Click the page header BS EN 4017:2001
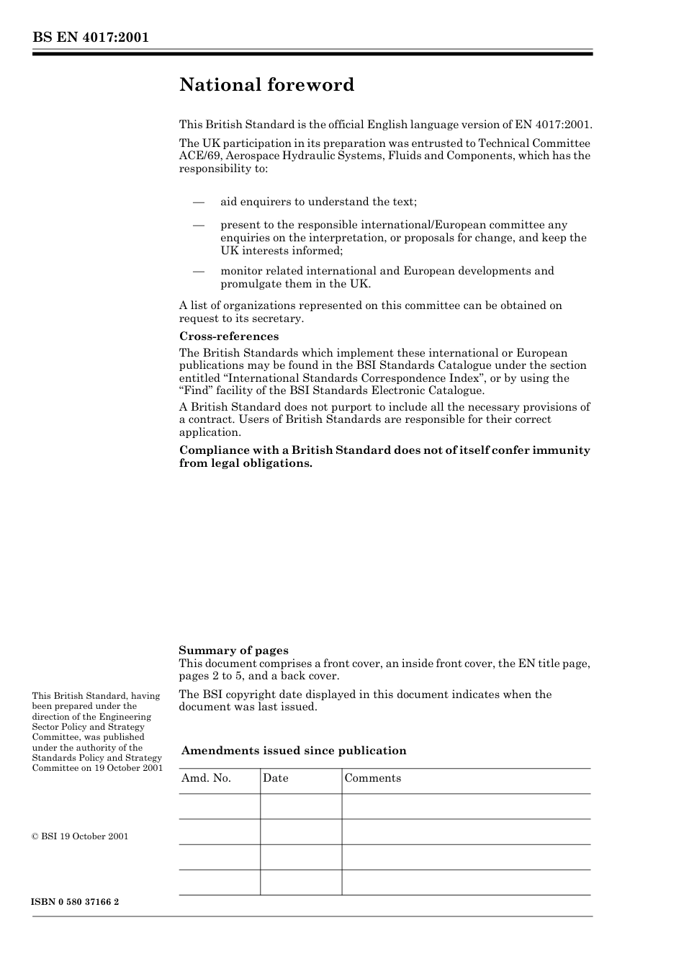(90, 37)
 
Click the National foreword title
(266, 85)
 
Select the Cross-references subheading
(228, 336)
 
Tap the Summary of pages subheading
(233, 651)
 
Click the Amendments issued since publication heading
(294, 751)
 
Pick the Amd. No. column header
(206, 778)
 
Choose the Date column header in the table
(275, 778)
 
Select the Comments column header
(372, 778)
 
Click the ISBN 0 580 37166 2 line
(76, 902)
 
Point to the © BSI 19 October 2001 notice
(80, 836)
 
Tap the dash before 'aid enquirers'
(199, 202)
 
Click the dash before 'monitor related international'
(199, 271)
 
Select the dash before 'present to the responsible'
(199, 225)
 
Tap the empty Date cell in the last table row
(300, 883)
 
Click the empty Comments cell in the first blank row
(466, 807)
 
